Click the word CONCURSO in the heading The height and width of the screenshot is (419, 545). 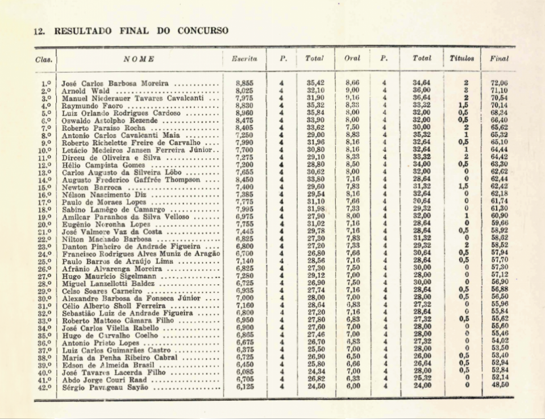click(202, 31)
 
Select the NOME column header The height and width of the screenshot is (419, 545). click(139, 59)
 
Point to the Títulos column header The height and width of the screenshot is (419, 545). click(461, 59)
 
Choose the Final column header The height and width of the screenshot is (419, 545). click(499, 59)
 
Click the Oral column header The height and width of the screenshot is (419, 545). click(352, 59)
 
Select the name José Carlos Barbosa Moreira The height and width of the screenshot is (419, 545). click(115, 84)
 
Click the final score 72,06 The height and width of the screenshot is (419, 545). click(499, 83)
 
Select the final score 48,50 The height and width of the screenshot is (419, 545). click(499, 384)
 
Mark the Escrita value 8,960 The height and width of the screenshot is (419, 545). click(244, 113)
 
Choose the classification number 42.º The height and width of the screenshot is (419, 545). click(46, 388)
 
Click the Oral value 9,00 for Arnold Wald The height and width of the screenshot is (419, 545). click(352, 90)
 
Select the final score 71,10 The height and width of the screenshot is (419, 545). click(499, 90)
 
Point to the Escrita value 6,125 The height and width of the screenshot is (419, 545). click(244, 387)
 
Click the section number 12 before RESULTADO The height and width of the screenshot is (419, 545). click(39, 31)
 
